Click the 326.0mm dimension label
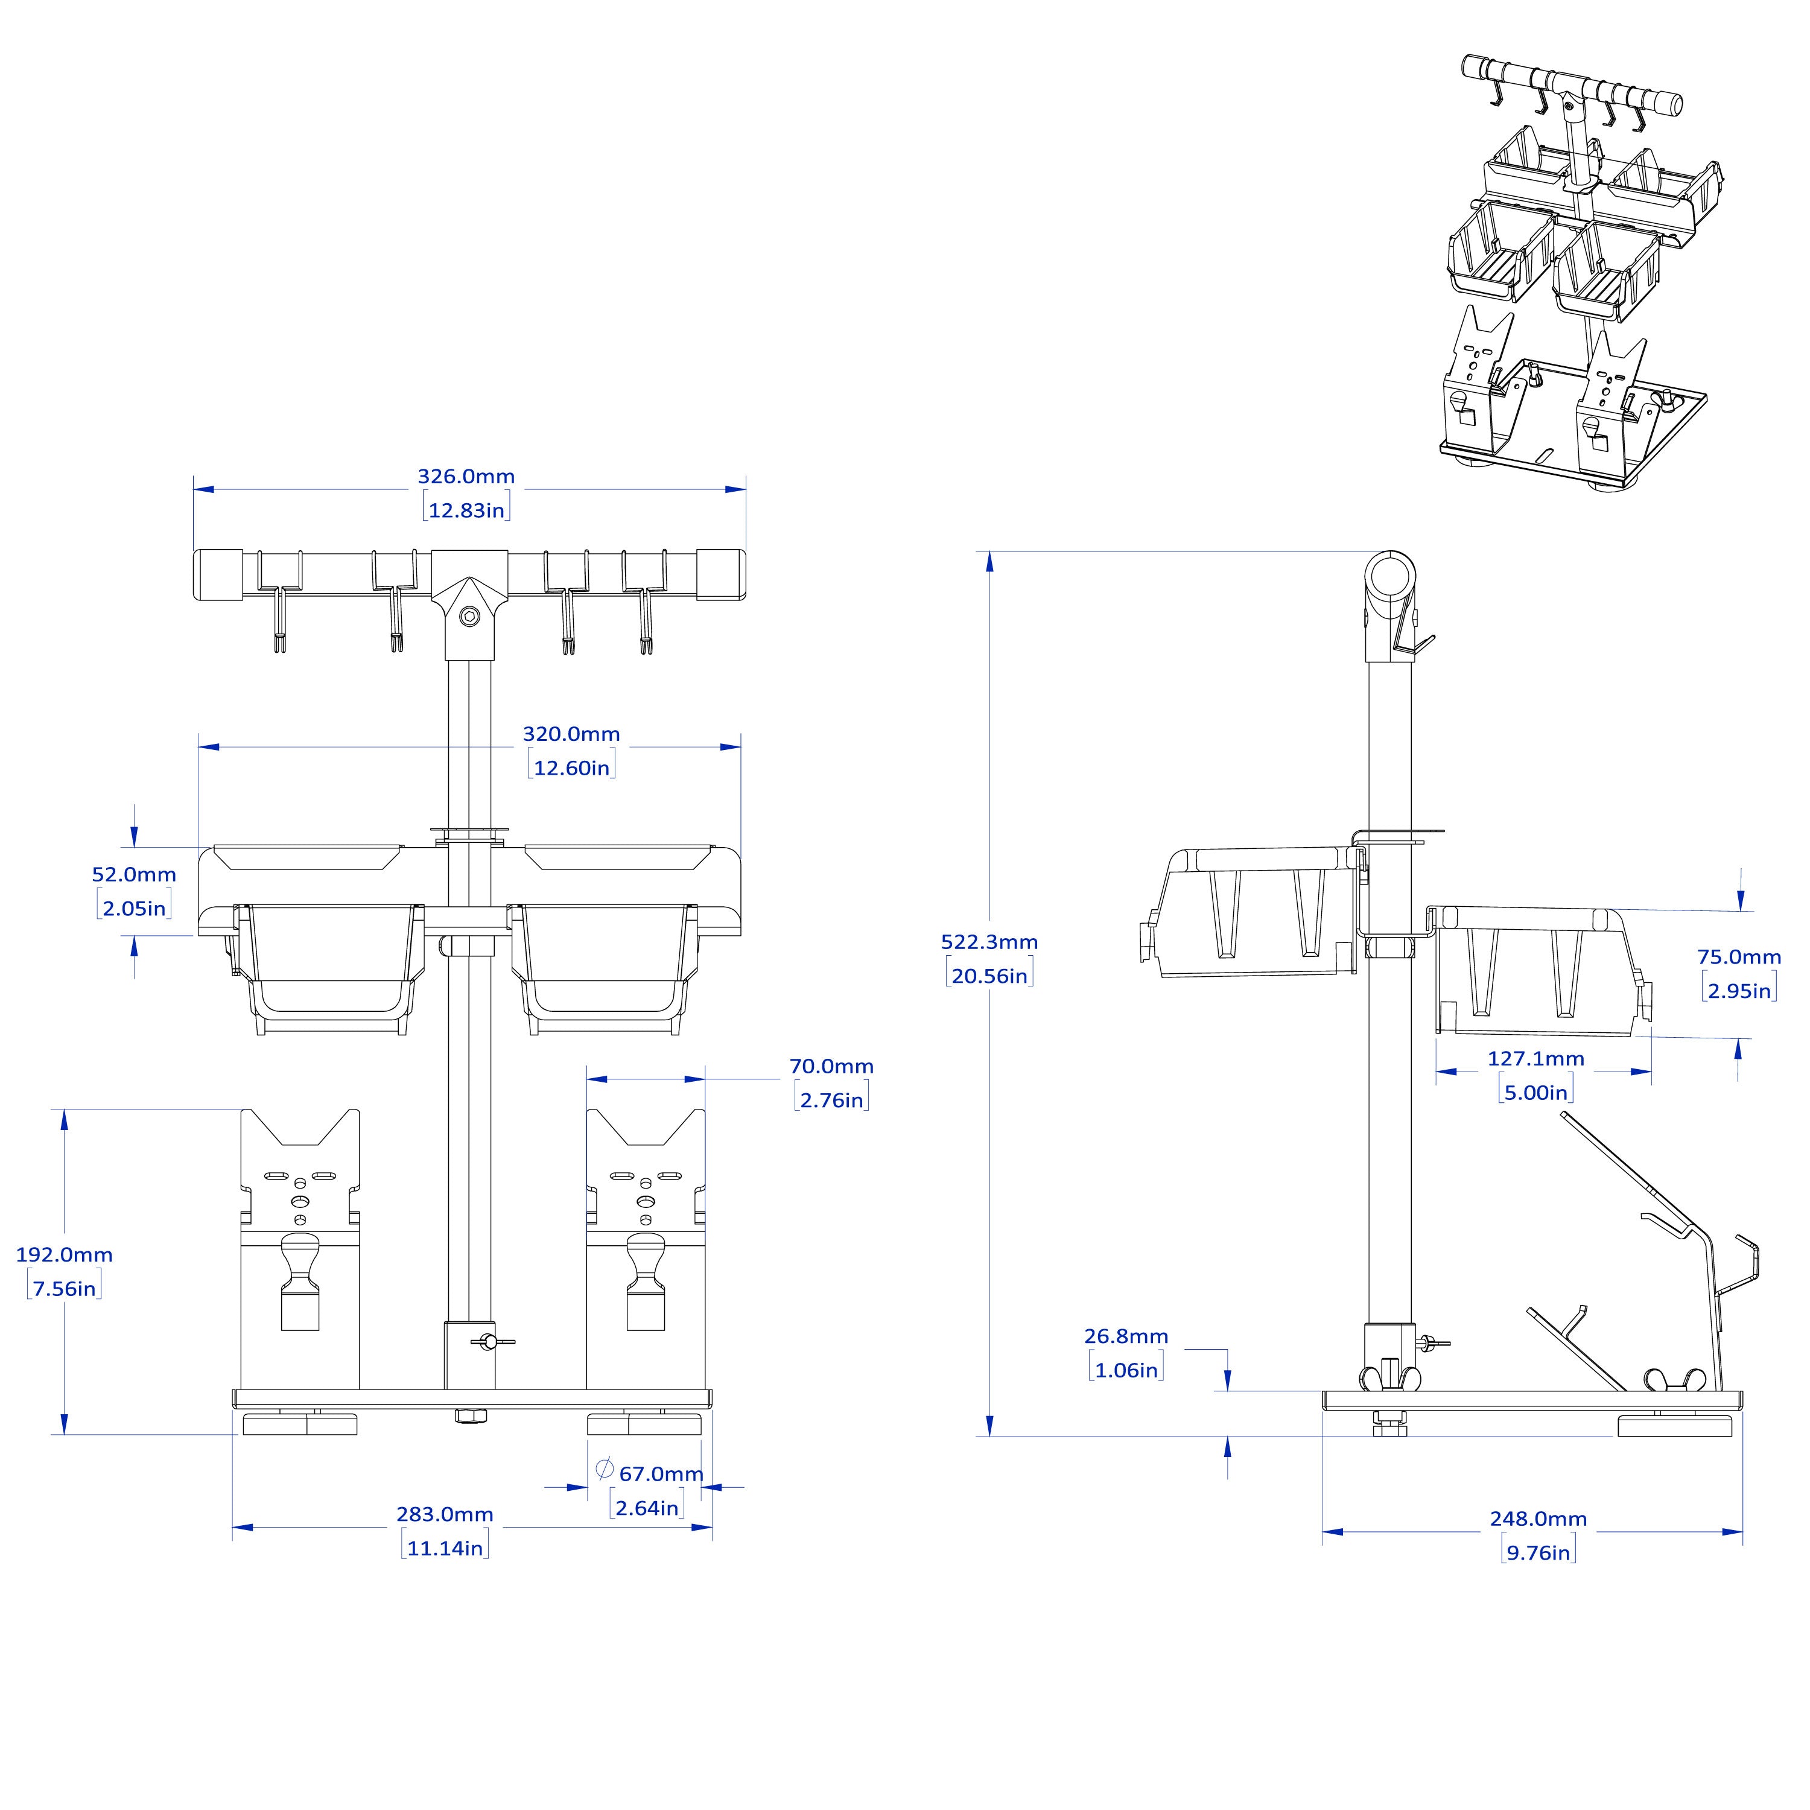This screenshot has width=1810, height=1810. click(x=466, y=476)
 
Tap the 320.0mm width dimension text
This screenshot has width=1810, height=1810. click(x=571, y=734)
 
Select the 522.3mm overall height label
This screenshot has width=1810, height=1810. click(x=989, y=942)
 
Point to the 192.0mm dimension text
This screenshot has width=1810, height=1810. click(x=65, y=1254)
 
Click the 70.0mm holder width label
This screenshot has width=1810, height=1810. click(x=831, y=1066)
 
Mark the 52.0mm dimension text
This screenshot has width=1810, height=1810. click(x=134, y=874)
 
